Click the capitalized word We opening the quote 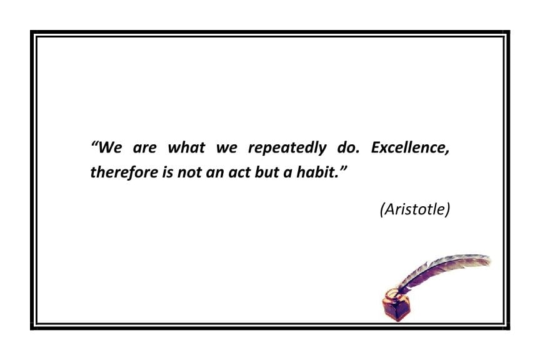click(x=110, y=149)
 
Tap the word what click(x=185, y=149)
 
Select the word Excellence click(x=408, y=149)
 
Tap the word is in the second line click(x=167, y=172)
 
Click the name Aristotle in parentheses click(x=415, y=210)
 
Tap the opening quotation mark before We click(x=95, y=144)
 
